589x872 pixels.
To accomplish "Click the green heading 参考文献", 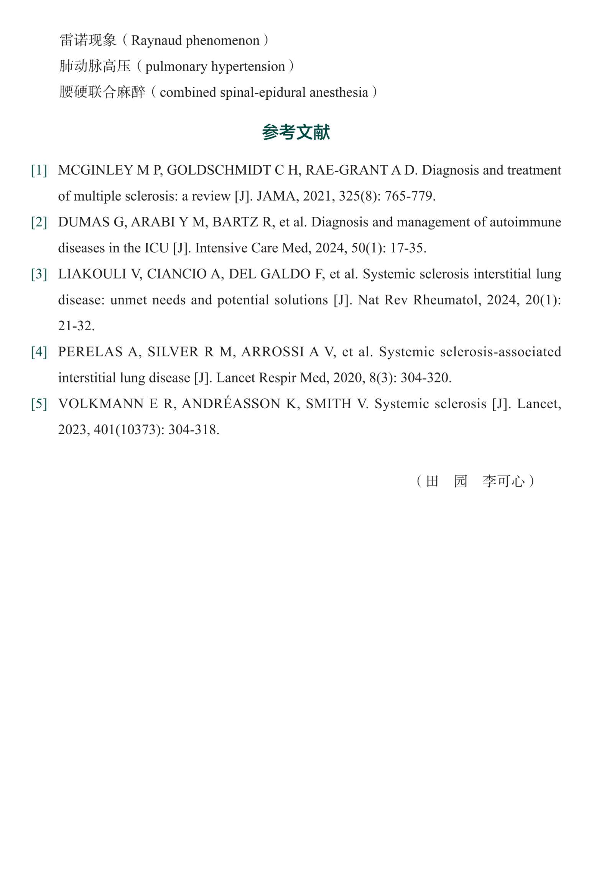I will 296,132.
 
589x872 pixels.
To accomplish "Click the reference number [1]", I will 39,170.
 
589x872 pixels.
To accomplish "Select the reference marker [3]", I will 39,274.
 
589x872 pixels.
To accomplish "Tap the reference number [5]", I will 39,404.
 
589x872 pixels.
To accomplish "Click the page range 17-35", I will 408,248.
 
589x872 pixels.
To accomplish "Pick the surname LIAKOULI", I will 92,274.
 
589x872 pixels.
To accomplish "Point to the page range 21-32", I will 76,326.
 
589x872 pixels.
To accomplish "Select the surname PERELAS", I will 90,352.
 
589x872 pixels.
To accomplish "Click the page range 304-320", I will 425,378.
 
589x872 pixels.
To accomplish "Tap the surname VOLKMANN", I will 101,404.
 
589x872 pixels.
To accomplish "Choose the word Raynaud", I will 156,40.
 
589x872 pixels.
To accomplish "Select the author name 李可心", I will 503,481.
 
